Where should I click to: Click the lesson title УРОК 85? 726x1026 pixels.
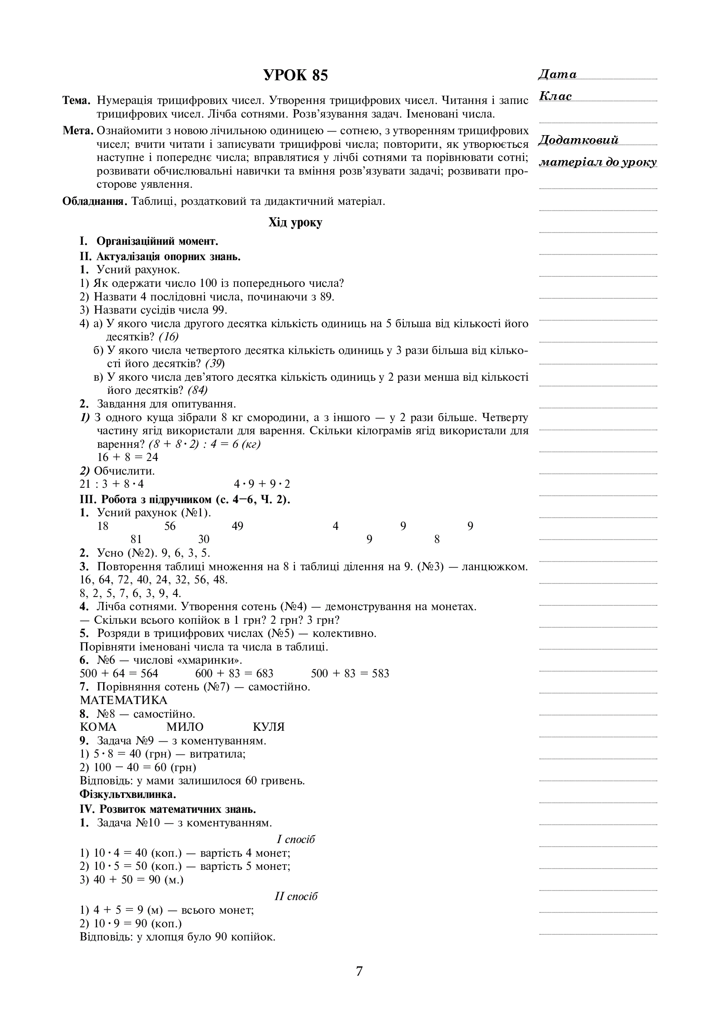[295, 75]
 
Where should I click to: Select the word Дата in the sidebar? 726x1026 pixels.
[557, 75]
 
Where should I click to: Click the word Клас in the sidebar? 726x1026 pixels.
[556, 97]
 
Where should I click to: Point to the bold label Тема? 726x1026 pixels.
[76, 100]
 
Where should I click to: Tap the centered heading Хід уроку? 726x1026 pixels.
[295, 222]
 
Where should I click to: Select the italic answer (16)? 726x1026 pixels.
[169, 336]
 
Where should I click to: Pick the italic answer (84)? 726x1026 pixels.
[198, 390]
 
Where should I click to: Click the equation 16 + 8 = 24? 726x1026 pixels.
[128, 457]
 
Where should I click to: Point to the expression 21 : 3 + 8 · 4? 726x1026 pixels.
[112, 484]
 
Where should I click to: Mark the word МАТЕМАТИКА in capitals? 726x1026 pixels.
[123, 700]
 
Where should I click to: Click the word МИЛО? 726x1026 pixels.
[185, 726]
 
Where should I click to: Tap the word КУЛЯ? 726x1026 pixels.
[269, 726]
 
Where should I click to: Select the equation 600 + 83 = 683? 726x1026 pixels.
[234, 673]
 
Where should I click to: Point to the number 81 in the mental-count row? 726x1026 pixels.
[136, 540]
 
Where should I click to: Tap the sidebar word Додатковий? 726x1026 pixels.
[579, 140]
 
